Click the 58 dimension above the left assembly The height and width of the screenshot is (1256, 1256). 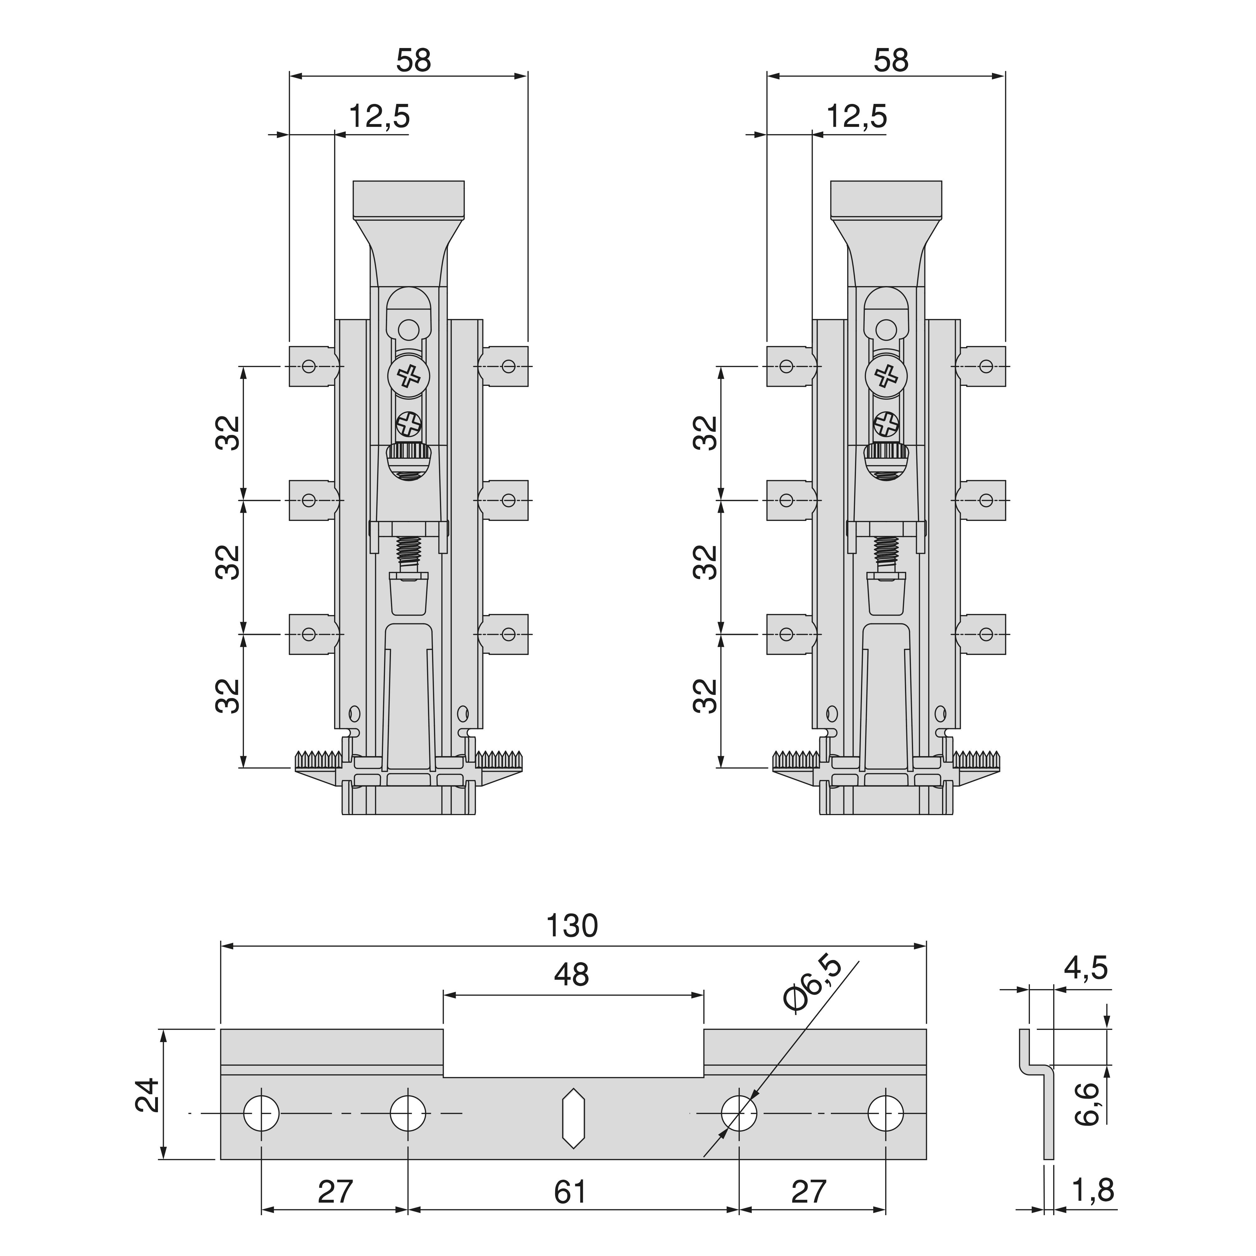(414, 61)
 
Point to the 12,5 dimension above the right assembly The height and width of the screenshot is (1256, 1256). (856, 117)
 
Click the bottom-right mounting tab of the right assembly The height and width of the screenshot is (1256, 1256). (983, 634)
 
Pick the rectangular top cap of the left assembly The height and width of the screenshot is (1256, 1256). (408, 199)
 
